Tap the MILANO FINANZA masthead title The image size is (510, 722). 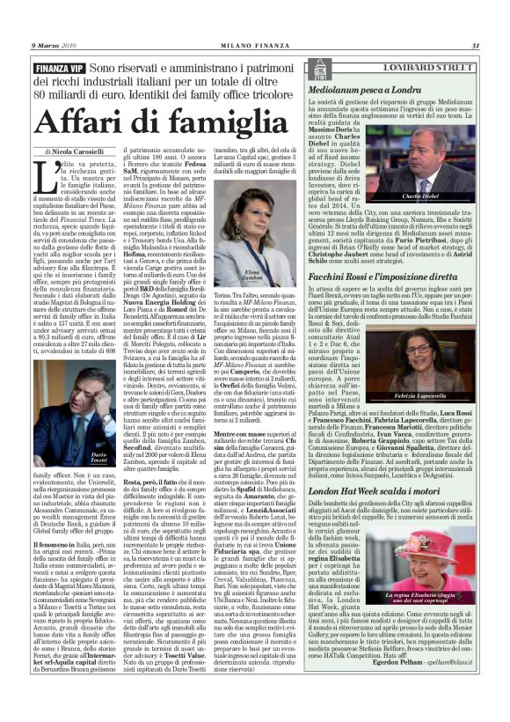[x=255, y=45]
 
